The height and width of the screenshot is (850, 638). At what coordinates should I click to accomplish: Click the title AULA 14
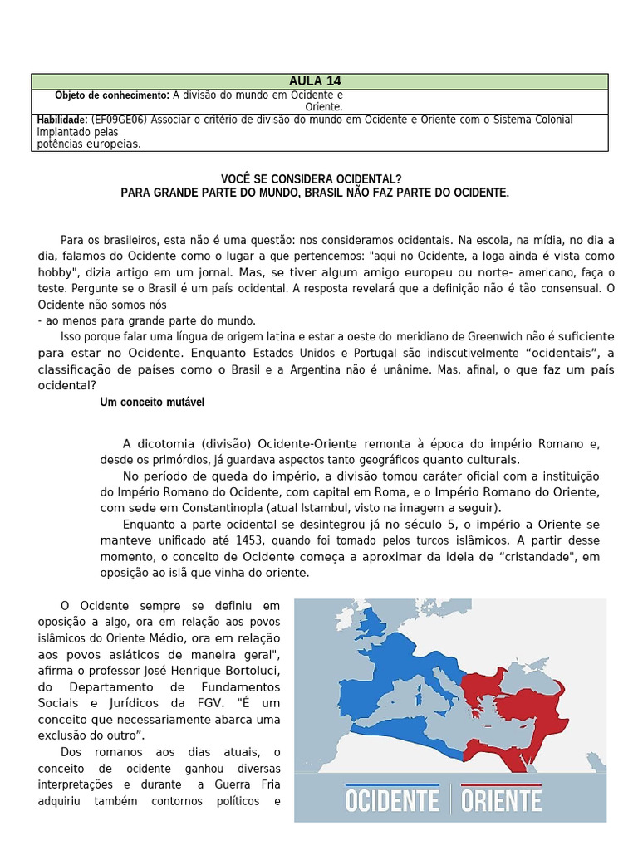point(315,81)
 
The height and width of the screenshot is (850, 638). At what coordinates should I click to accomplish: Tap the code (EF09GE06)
point(120,120)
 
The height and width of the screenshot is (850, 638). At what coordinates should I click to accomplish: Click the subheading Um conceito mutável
point(152,402)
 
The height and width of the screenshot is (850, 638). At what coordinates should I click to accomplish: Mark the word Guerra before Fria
point(233,784)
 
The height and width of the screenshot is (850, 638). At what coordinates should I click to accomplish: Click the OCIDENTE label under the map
point(392,800)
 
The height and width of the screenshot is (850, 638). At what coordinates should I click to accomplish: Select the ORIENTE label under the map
point(501,800)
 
